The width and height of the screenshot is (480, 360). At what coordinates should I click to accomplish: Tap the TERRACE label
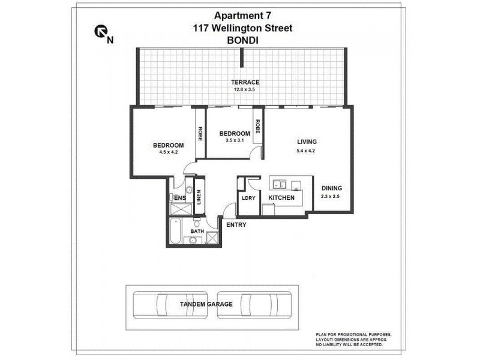[246, 82]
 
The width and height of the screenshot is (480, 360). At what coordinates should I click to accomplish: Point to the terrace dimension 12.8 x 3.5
[246, 90]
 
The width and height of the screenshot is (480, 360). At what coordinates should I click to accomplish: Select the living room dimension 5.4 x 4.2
[307, 151]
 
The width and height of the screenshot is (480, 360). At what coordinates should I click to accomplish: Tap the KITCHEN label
[281, 197]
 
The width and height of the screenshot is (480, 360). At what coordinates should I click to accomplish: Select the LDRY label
[248, 197]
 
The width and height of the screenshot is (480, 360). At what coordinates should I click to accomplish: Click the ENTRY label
[236, 225]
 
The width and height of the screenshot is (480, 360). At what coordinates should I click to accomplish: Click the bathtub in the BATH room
[176, 232]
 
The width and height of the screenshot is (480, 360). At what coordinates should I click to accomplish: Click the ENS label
[179, 197]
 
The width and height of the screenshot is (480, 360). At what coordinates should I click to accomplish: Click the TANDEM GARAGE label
[206, 304]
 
